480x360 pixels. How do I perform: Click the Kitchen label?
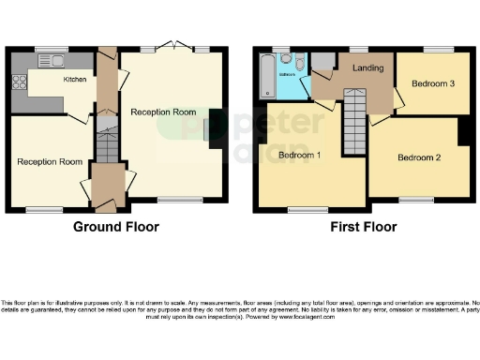click(x=75, y=81)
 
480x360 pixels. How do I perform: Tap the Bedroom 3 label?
click(x=433, y=83)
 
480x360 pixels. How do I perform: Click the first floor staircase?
click(x=352, y=118)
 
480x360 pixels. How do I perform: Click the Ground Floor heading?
click(x=116, y=227)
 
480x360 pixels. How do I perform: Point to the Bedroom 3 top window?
click(x=432, y=49)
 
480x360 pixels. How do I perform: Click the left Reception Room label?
click(x=50, y=161)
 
